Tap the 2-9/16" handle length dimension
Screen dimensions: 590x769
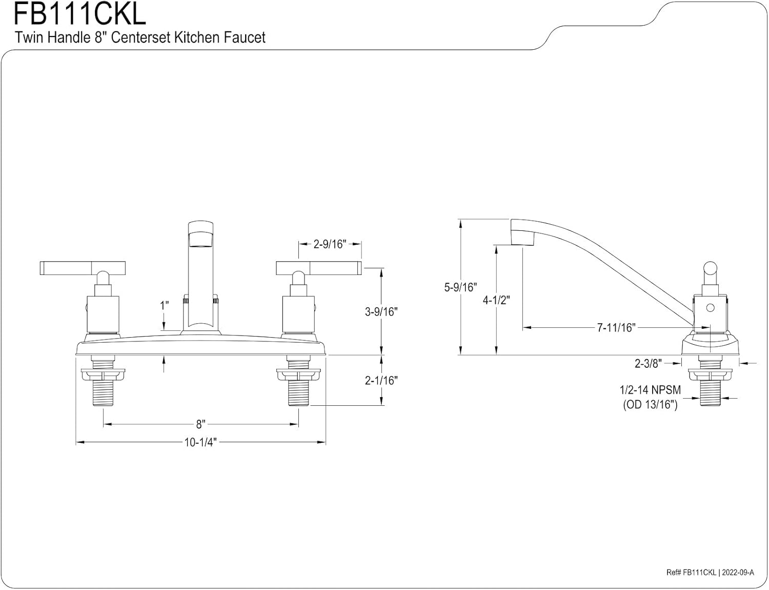click(330, 244)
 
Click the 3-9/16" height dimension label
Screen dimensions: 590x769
click(381, 311)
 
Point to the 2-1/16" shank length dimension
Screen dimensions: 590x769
click(381, 380)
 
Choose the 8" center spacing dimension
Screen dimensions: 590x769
click(200, 424)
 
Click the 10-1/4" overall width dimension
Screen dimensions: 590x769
click(200, 442)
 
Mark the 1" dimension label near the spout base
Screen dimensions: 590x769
click(164, 306)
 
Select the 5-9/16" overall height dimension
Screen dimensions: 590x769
click(460, 287)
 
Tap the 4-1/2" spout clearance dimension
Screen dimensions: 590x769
click(496, 300)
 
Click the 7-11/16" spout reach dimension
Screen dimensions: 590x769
click(616, 327)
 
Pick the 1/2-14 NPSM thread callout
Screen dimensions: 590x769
click(650, 390)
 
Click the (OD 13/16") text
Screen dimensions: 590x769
click(650, 405)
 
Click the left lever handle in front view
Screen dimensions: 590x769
click(82, 267)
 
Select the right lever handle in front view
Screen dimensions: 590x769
click(319, 267)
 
